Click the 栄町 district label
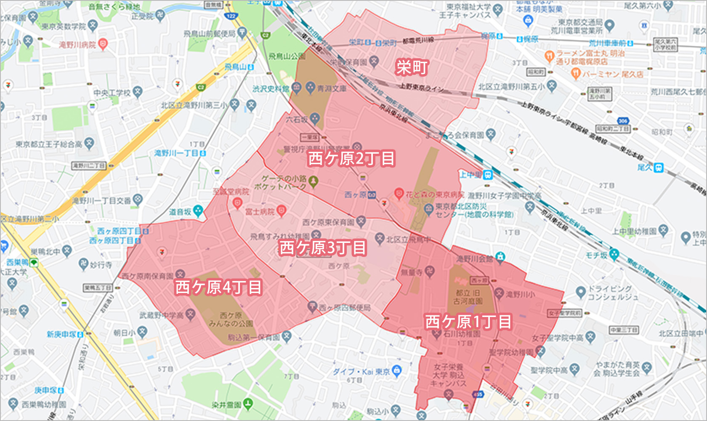point(412,67)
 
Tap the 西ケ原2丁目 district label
point(351,159)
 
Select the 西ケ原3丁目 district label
point(322,248)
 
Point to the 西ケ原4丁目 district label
point(218,287)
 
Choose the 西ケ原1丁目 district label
point(468,322)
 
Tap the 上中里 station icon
point(488,174)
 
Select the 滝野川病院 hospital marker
point(103,44)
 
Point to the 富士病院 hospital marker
point(281,211)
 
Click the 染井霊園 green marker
point(248,404)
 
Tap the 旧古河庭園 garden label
point(468,297)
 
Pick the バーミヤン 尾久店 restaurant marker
point(575,74)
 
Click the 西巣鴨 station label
point(18,262)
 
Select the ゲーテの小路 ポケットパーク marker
point(313,181)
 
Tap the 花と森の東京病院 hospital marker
point(399,195)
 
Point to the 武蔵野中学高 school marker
point(191,314)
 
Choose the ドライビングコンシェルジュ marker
point(581,291)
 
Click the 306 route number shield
point(623,121)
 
